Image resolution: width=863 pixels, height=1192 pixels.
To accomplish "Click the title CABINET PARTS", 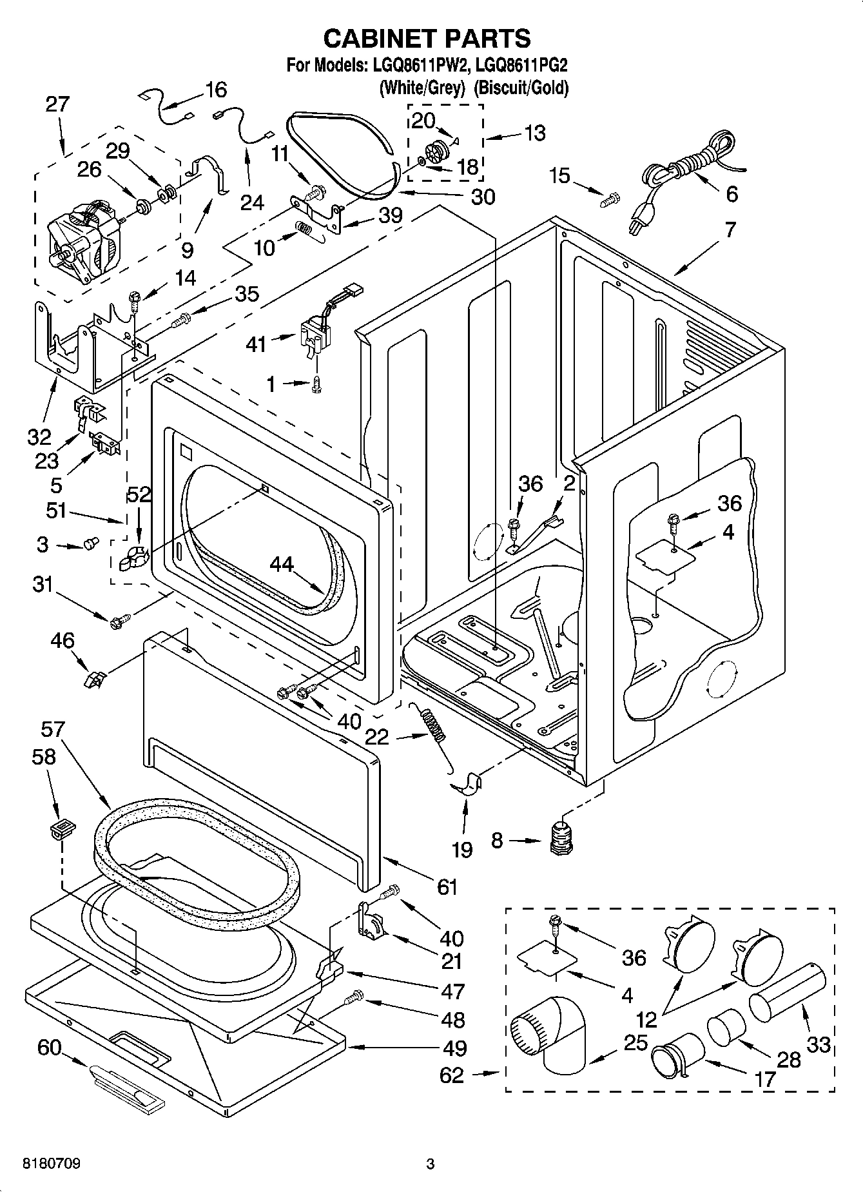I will pos(427,39).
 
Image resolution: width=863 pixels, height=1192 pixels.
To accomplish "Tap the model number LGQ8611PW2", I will pos(416,66).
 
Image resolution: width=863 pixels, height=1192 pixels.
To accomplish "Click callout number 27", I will pos(57,104).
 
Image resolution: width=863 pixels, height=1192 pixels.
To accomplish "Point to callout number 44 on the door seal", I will pos(281,565).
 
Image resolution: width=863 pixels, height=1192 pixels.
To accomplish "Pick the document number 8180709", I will pos(52,1164).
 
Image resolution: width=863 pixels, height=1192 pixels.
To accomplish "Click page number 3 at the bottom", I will pos(431,1164).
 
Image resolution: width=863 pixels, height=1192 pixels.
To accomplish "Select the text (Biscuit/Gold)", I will pos(521,87).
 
